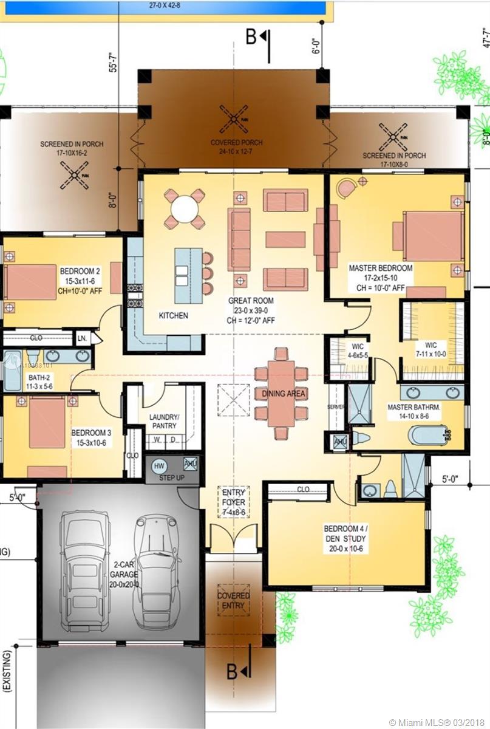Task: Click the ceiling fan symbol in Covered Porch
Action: [x=234, y=118]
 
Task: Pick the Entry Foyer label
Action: [x=233, y=502]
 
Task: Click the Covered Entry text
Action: [x=234, y=600]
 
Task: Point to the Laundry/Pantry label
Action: [x=165, y=422]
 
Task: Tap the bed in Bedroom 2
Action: [x=30, y=282]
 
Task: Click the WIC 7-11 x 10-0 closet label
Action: [x=440, y=349]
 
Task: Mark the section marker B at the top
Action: [x=251, y=37]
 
